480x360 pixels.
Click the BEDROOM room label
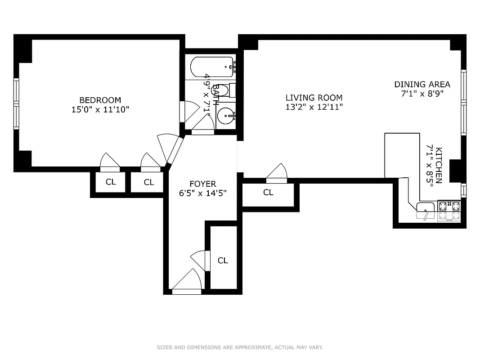[x=100, y=100]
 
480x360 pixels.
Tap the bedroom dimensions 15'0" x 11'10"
[x=100, y=109]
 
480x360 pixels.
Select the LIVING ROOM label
[x=314, y=98]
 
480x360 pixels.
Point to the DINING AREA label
[x=422, y=84]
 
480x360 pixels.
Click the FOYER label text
[x=202, y=184]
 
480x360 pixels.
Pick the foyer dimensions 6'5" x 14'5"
[x=202, y=193]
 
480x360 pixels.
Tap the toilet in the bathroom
[x=229, y=90]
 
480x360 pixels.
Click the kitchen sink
[x=425, y=207]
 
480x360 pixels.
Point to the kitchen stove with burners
[x=449, y=207]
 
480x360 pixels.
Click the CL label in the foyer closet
[x=223, y=261]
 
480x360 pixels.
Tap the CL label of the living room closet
[x=268, y=193]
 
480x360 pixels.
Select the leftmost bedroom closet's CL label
[x=111, y=182]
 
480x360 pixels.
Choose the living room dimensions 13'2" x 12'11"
[x=314, y=107]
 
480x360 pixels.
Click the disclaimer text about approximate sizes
[x=240, y=347]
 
